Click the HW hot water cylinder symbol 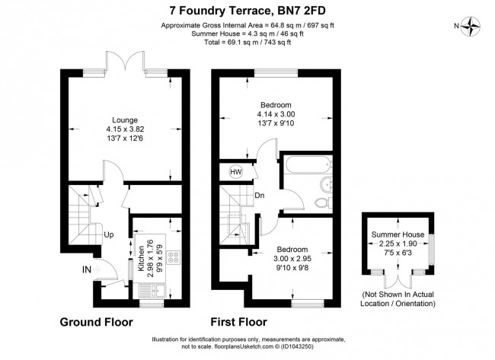point(235,172)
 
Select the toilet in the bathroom point(328,185)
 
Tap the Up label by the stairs point(109,234)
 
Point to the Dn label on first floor point(260,195)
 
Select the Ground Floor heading point(96,321)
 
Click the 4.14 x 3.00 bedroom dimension point(275,114)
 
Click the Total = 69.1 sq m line point(247,43)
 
